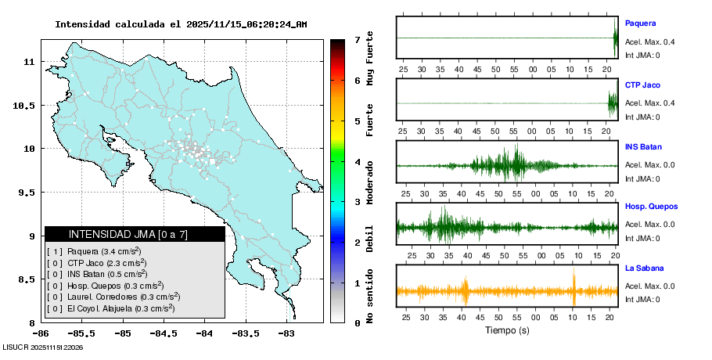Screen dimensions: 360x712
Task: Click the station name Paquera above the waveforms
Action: coord(640,23)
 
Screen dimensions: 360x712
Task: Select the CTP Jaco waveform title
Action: coord(642,85)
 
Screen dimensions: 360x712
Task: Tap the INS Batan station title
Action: coord(643,147)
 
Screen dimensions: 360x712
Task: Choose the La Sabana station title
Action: coord(642,269)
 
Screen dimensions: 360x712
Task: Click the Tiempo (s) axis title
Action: coord(507,330)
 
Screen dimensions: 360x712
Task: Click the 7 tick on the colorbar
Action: coord(357,40)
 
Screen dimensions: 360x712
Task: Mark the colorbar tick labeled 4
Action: coord(357,162)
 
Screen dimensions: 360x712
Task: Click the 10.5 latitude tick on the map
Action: coord(28,105)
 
